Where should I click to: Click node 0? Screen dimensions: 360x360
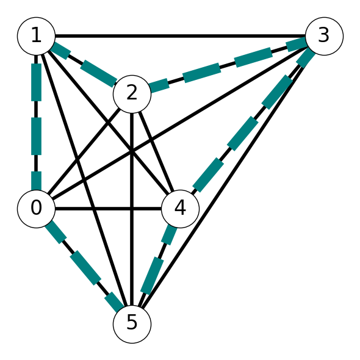click(x=36, y=209)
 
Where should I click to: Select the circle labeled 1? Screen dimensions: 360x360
click(x=36, y=36)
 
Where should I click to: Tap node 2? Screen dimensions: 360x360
click(x=132, y=94)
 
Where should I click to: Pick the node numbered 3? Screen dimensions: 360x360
click(x=324, y=36)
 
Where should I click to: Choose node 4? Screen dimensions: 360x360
click(x=180, y=209)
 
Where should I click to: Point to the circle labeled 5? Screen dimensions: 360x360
click(x=132, y=324)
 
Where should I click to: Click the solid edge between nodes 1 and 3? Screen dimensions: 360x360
click(x=180, y=36)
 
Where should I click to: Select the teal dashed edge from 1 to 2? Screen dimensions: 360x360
click(x=84, y=65)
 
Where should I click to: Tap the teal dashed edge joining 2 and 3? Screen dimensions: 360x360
click(x=228, y=65)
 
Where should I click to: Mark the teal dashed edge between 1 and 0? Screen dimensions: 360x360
click(x=36, y=123)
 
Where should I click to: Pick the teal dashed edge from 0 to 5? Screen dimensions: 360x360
click(x=84, y=266)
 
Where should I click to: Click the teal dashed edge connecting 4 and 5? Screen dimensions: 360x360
click(x=156, y=266)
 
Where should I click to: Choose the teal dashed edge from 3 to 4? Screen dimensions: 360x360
click(x=252, y=123)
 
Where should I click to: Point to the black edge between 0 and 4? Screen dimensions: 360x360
click(x=108, y=209)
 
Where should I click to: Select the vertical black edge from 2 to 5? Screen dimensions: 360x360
click(x=132, y=209)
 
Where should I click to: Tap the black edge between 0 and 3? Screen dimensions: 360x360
click(x=180, y=123)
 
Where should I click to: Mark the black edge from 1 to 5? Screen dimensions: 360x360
click(x=84, y=180)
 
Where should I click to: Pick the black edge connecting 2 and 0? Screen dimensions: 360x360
click(x=84, y=151)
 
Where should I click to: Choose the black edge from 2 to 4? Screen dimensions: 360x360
click(x=156, y=151)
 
